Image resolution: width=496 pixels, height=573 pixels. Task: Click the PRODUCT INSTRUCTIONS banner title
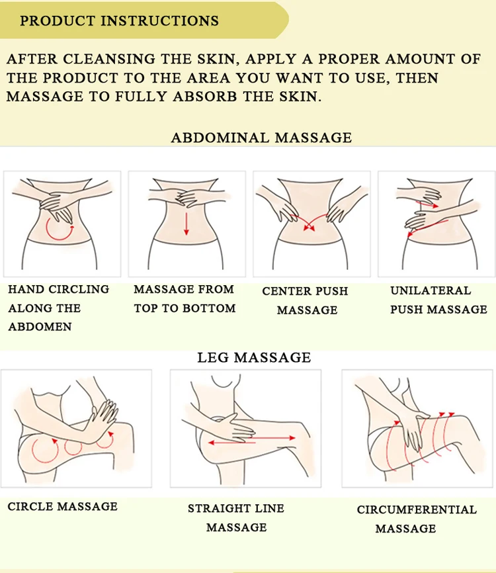[x=119, y=21]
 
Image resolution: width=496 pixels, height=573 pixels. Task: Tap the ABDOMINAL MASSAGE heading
[x=261, y=138]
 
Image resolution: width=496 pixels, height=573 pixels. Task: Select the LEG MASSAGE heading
[x=253, y=358]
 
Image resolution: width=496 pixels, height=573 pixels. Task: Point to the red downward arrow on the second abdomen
[x=186, y=224]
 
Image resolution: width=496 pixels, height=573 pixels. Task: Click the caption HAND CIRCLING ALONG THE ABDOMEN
[x=58, y=308]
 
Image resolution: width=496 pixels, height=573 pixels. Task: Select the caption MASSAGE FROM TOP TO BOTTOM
[x=185, y=298]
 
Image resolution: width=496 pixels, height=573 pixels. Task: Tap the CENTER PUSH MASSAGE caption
[x=305, y=300]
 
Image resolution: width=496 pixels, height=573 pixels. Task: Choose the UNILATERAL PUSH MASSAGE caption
[x=438, y=300]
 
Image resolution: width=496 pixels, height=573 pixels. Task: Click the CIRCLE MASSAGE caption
[x=62, y=507]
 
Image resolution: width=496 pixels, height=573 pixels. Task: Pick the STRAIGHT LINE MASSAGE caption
[x=236, y=517]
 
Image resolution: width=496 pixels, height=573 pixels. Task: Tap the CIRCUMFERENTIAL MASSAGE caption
[x=417, y=519]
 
